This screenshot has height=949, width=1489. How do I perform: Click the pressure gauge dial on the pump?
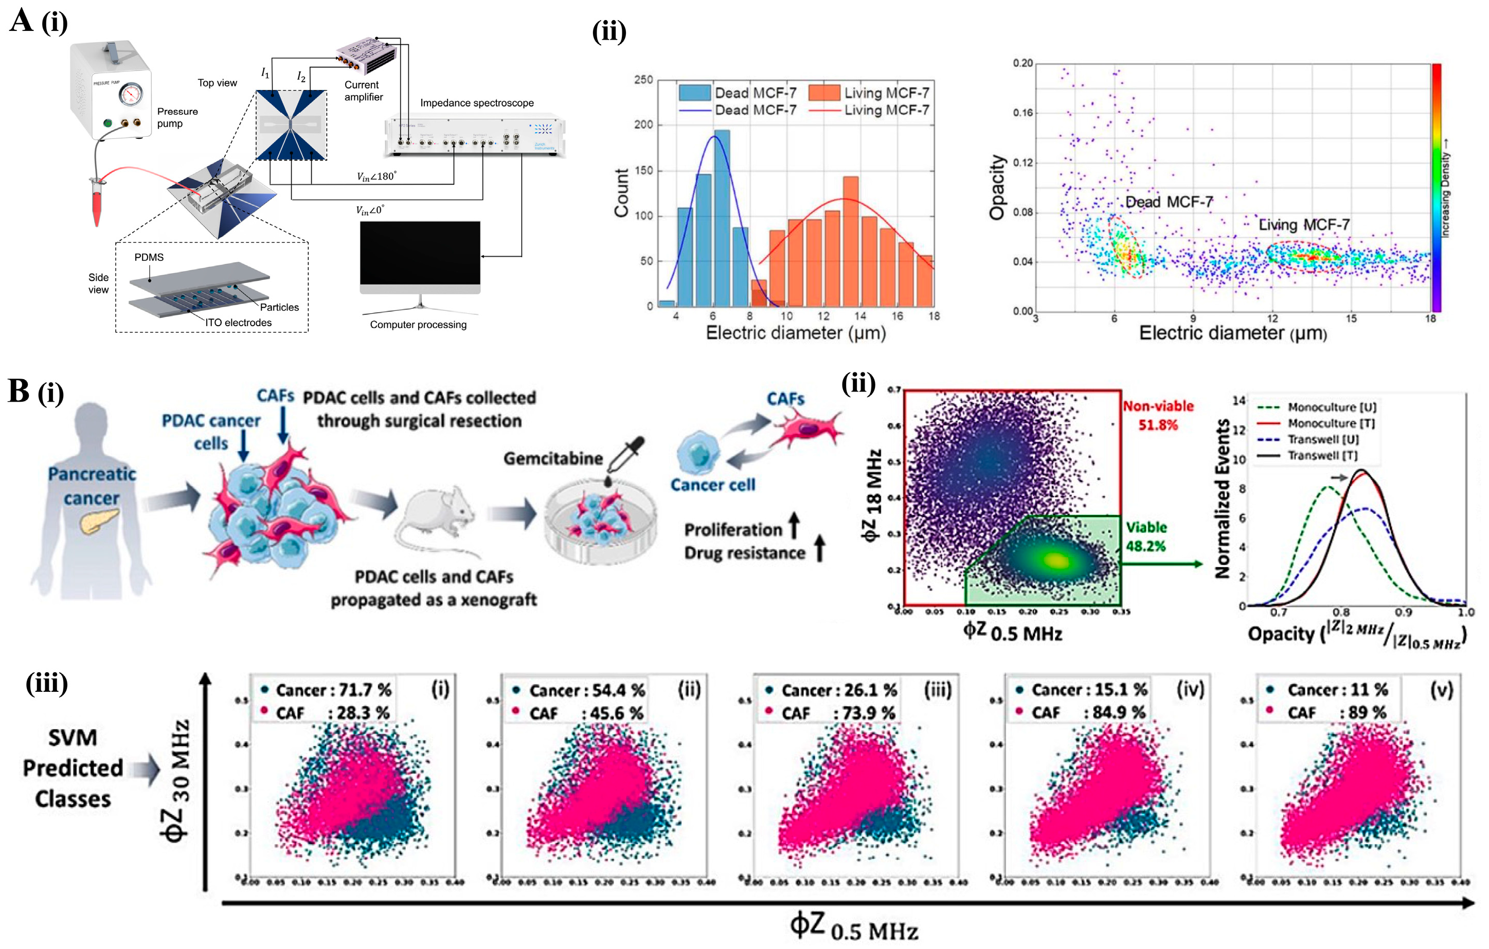pos(131,95)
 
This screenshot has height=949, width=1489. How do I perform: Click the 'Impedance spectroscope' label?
pos(477,103)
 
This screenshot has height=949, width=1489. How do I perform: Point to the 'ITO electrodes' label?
pos(238,323)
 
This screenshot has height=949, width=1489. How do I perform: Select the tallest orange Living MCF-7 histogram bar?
pos(850,241)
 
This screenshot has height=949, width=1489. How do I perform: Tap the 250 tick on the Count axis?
pos(643,80)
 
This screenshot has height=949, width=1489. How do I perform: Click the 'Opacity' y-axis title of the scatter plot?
pos(997,187)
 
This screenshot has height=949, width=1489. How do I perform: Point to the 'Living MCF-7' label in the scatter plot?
pos(1303,224)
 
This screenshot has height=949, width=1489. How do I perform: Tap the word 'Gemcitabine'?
pos(553,458)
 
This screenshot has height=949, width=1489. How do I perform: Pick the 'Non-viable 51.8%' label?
pos(1158,416)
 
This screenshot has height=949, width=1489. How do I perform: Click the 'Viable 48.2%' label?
pos(1146,536)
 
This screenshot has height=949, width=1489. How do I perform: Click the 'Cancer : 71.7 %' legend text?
pos(333,690)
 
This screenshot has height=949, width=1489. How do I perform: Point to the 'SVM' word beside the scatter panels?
pos(73,738)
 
